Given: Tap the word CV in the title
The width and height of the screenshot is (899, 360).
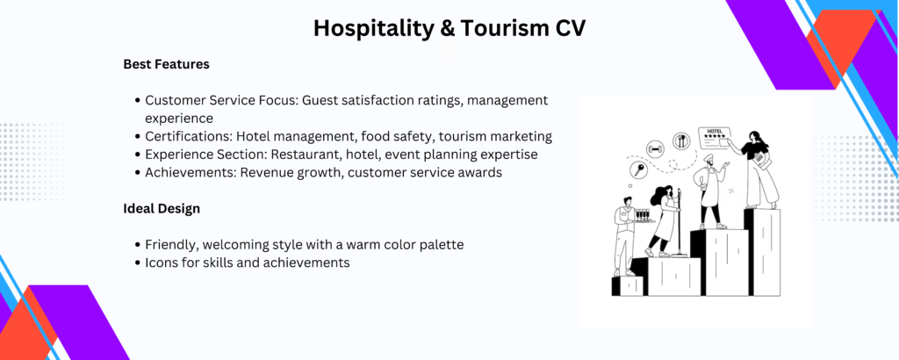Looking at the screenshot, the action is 570,28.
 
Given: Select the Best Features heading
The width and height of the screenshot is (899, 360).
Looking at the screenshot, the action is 166,64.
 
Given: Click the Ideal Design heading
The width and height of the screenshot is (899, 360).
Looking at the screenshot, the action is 162,209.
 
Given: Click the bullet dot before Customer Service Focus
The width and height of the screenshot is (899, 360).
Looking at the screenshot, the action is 138,101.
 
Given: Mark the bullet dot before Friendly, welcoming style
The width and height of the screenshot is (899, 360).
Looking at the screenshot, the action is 138,245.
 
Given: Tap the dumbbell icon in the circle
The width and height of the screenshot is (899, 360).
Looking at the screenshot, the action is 655,148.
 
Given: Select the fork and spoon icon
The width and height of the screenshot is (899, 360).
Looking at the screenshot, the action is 681,140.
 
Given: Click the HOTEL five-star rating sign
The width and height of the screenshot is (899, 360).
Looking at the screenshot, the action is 714,138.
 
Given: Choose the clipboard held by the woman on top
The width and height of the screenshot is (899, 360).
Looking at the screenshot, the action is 762,159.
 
